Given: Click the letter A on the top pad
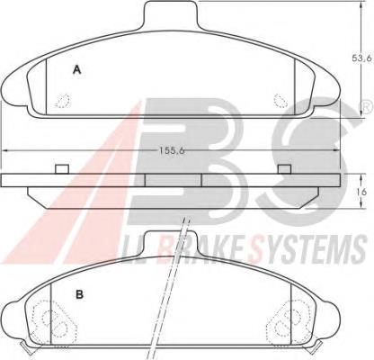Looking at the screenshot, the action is (77, 70).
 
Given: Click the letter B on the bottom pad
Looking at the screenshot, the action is (79, 294).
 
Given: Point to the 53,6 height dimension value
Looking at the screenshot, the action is (362, 58).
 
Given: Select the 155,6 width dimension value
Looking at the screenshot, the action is (172, 150).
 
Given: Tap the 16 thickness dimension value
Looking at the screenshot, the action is (362, 192).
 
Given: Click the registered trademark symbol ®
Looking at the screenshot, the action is (368, 106).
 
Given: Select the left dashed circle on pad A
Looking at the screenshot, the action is (64, 100).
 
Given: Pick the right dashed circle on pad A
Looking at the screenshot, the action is (280, 100).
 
